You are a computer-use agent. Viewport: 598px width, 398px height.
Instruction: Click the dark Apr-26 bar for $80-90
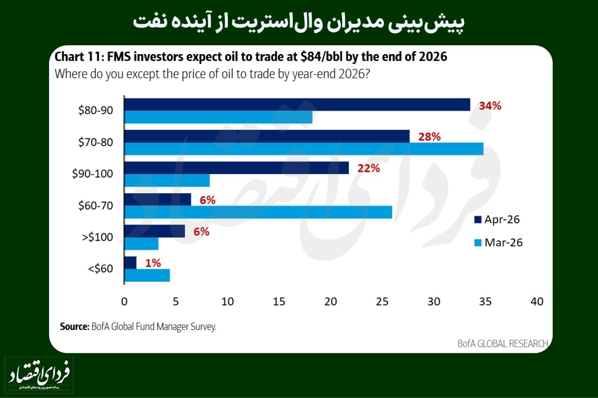click(x=297, y=105)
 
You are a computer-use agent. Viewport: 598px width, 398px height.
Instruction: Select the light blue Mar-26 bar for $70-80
click(x=304, y=149)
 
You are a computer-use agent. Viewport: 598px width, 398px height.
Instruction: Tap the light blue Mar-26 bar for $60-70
click(x=258, y=212)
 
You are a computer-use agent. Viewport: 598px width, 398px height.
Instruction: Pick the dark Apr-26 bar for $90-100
click(x=236, y=168)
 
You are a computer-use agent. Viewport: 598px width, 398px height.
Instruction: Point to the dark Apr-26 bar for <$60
click(x=130, y=263)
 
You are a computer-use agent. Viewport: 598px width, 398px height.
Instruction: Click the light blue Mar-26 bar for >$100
click(x=142, y=244)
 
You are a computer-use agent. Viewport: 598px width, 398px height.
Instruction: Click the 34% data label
click(x=490, y=106)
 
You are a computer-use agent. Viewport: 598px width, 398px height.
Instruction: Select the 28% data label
click(x=429, y=137)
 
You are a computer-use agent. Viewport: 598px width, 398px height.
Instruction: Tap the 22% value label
click(x=369, y=169)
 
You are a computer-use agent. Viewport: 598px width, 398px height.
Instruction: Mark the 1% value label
click(x=153, y=263)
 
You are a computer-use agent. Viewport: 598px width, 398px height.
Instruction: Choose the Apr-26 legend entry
click(x=497, y=220)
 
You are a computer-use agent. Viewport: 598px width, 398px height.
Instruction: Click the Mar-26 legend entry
click(x=497, y=243)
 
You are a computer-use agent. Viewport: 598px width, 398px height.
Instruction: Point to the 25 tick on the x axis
click(x=383, y=302)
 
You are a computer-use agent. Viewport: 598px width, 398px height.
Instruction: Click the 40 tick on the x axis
click(x=537, y=302)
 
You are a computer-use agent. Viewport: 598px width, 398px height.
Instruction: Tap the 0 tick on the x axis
click(x=124, y=302)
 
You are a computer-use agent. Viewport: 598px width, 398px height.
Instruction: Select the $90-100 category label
click(x=93, y=174)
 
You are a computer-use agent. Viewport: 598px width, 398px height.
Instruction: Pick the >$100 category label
click(x=97, y=237)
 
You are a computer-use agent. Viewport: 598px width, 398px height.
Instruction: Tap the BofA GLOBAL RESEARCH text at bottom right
click(x=502, y=344)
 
